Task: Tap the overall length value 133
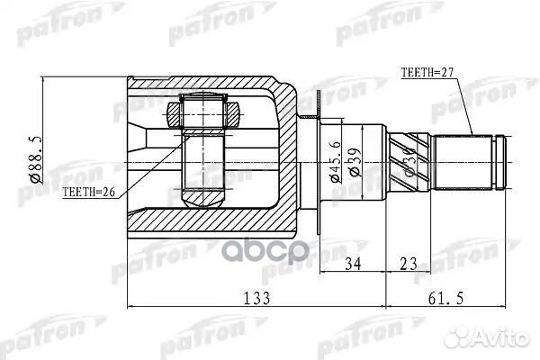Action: click(x=254, y=299)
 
